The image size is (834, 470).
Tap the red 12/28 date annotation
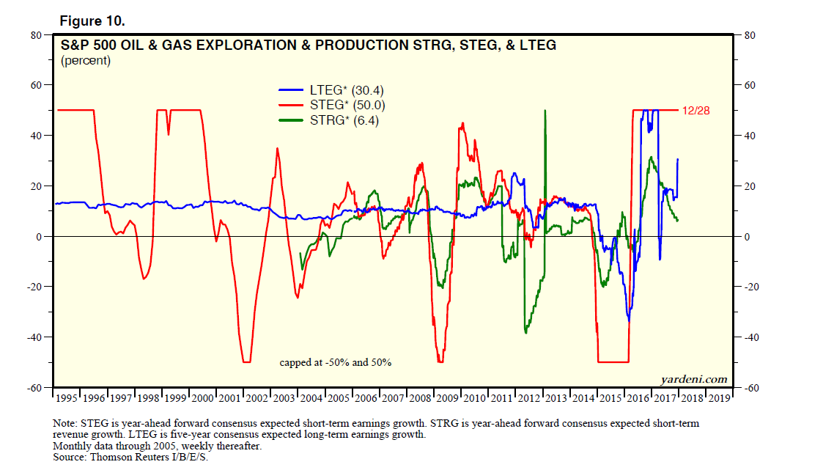pyautogui.click(x=697, y=110)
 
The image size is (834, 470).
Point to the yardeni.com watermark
pyautogui.click(x=693, y=379)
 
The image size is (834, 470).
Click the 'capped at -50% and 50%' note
pyautogui.click(x=336, y=362)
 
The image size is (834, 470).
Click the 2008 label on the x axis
pyautogui.click(x=420, y=399)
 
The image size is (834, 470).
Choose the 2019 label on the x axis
pyautogui.click(x=717, y=399)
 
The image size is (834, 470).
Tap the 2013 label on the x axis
pyautogui.click(x=556, y=399)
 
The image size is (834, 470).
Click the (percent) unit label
pyautogui.click(x=86, y=61)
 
